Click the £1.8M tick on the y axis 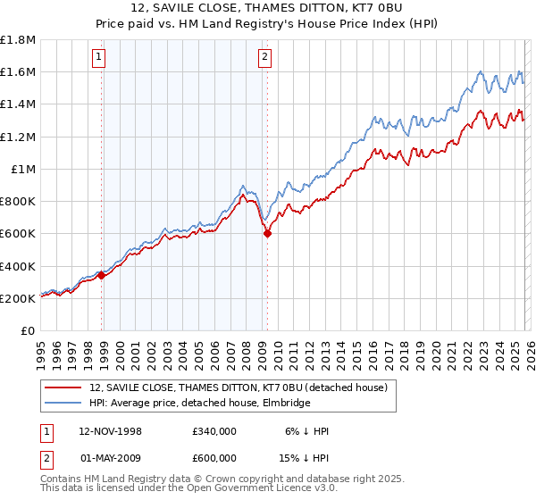point(19,39)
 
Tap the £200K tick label point(19,298)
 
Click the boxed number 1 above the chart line point(98,59)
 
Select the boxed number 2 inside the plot point(265,59)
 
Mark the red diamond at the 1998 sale point(102,276)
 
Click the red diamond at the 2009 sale point(267,234)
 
